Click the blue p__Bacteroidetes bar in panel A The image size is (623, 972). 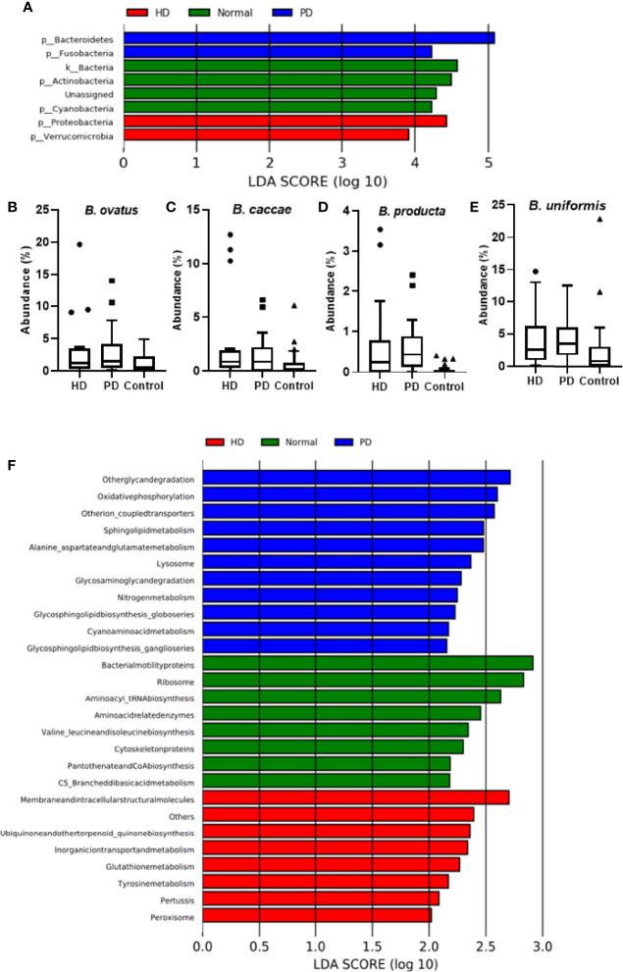[308, 38]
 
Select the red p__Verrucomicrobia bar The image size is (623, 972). [266, 135]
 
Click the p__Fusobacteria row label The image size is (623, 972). [77, 52]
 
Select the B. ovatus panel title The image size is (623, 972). [91, 208]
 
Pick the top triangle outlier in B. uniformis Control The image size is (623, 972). [597, 219]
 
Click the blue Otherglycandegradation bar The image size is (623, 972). [356, 478]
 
